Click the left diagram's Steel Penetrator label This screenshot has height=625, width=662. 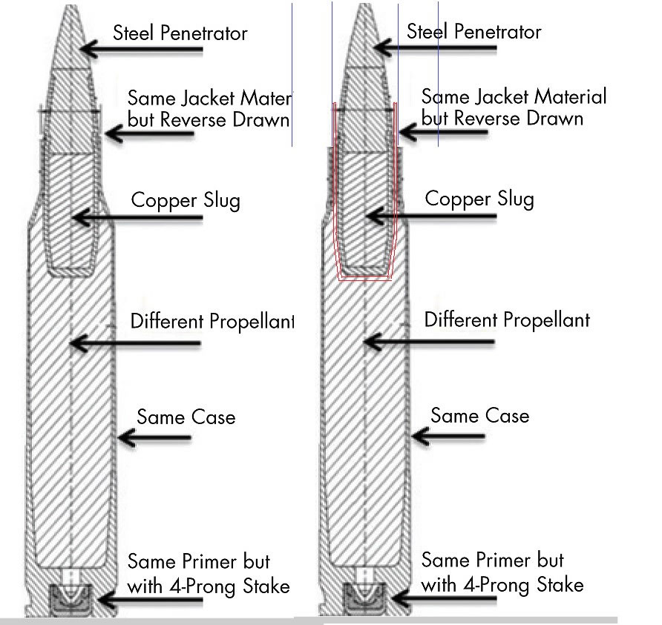[180, 33]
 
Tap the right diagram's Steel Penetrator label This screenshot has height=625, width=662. [474, 32]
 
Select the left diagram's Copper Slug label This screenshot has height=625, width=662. [186, 201]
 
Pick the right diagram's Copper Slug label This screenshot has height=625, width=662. [479, 199]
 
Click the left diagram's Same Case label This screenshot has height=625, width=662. [186, 417]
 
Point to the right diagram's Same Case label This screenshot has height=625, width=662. [480, 415]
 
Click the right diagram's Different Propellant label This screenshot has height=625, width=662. [507, 320]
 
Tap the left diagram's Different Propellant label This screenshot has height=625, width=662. [212, 322]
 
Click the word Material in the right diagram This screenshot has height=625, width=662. [568, 97]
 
